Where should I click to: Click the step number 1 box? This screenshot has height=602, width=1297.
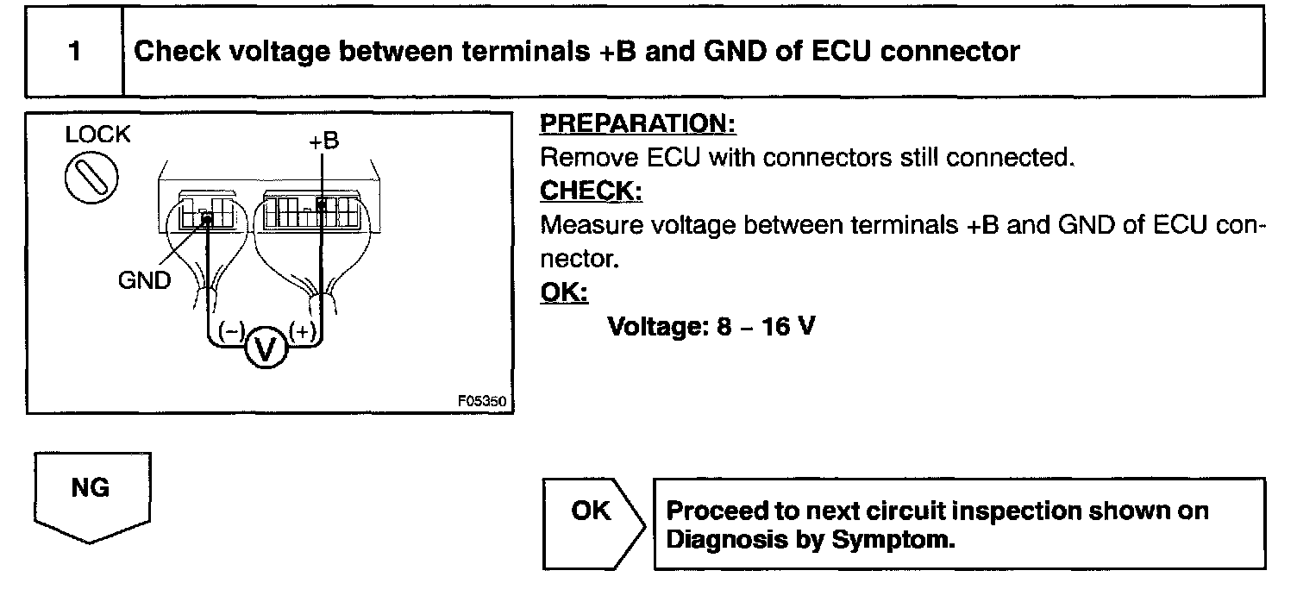click(x=75, y=52)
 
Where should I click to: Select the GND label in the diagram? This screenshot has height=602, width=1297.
click(x=145, y=280)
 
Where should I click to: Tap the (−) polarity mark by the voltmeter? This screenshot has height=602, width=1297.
click(x=231, y=330)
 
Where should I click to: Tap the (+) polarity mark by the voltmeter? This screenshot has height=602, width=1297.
click(x=303, y=330)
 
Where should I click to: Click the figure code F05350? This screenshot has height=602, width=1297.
click(x=484, y=402)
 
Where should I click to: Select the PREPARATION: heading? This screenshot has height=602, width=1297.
click(x=637, y=125)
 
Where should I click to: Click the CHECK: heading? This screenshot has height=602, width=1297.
click(x=591, y=191)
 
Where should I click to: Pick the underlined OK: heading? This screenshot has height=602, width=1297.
click(x=563, y=293)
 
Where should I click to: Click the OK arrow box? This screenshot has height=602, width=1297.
click(x=591, y=511)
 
